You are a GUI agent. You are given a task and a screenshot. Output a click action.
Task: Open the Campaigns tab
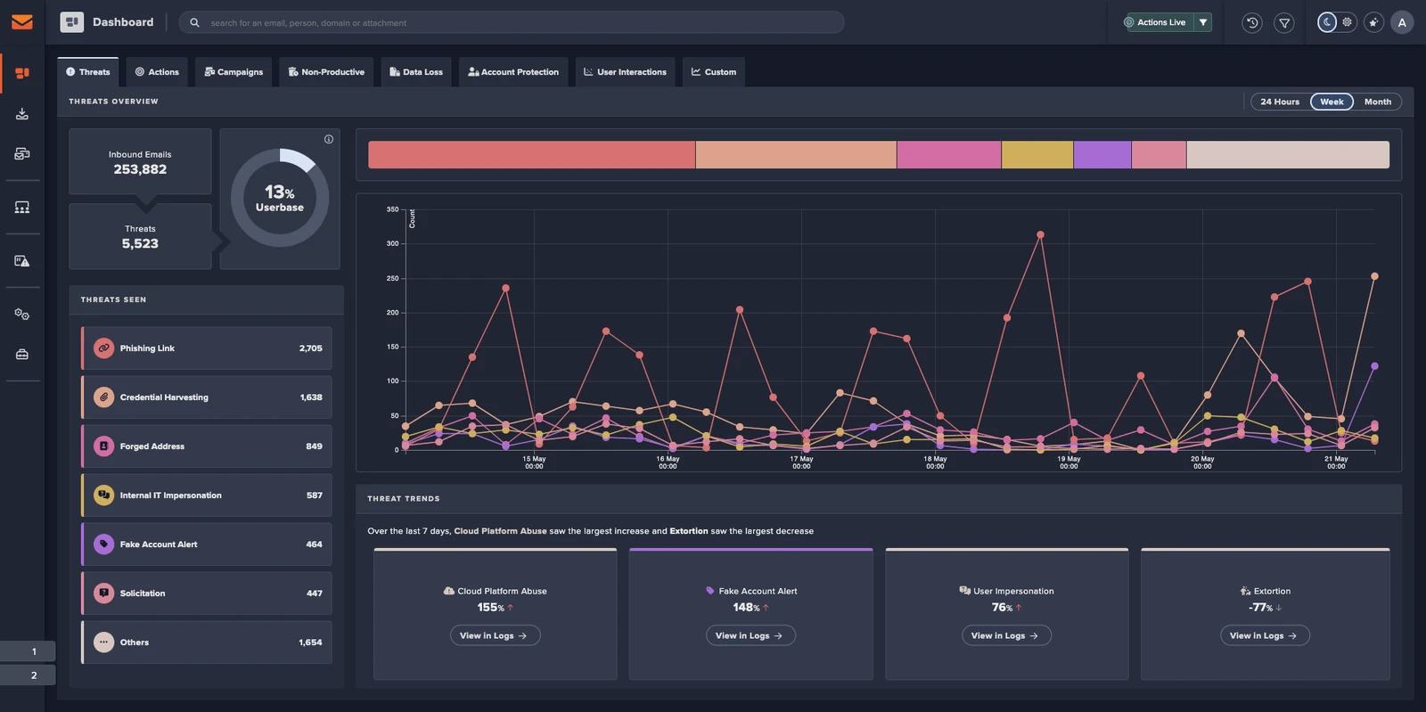[x=234, y=72]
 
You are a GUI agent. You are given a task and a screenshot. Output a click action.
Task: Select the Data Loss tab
[x=416, y=72]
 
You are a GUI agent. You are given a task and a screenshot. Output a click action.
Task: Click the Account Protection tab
[x=513, y=72]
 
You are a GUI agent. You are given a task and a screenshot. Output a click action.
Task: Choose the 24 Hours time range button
[x=1279, y=102]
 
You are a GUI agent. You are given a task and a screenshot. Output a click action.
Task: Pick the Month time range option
[x=1377, y=102]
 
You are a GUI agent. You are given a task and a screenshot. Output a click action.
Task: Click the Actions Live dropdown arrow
[x=1203, y=22]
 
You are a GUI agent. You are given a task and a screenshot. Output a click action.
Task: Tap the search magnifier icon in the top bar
[x=194, y=23]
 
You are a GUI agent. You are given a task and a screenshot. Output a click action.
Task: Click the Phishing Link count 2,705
[x=310, y=348]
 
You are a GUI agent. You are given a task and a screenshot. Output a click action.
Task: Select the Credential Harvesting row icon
[x=104, y=397]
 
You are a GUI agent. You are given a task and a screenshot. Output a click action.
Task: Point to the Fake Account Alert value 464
[x=314, y=544]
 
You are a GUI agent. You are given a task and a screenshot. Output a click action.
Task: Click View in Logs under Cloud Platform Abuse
[x=495, y=635]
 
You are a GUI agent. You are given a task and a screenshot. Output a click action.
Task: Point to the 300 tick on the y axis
[x=392, y=243]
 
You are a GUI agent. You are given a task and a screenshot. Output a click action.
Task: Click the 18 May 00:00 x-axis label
[x=935, y=462]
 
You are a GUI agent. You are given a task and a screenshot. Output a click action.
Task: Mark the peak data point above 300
[x=1040, y=235]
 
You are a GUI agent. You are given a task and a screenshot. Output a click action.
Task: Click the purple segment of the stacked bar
[x=1102, y=155]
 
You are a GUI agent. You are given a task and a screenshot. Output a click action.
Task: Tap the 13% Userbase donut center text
[x=280, y=198]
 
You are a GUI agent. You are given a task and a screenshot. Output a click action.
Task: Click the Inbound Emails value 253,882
[x=140, y=169]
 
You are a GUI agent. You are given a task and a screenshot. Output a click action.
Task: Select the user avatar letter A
[x=1402, y=22]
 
